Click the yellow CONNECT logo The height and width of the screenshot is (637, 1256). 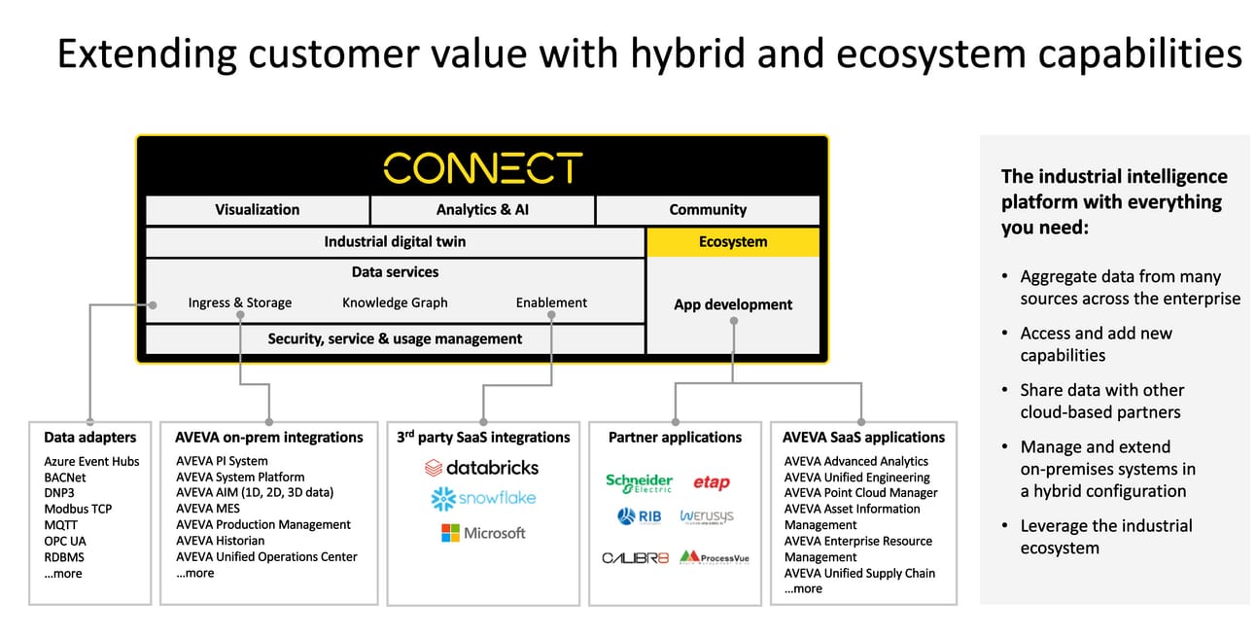pyautogui.click(x=483, y=167)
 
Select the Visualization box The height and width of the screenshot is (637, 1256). pyautogui.click(x=258, y=210)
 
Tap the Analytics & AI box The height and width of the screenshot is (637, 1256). pyautogui.click(x=482, y=210)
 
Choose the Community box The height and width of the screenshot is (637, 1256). pyautogui.click(x=708, y=210)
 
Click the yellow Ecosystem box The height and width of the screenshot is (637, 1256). pyautogui.click(x=733, y=242)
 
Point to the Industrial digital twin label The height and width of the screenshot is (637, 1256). pyautogui.click(x=395, y=242)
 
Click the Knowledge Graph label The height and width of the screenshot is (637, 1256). pyautogui.click(x=395, y=302)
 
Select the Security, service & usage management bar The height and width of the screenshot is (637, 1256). pyautogui.click(x=395, y=339)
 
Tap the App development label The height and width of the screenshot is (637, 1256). pyautogui.click(x=733, y=304)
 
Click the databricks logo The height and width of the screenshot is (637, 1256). pyautogui.click(x=481, y=468)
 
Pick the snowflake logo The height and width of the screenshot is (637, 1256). pyautogui.click(x=483, y=499)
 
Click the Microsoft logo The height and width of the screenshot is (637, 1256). pyautogui.click(x=483, y=533)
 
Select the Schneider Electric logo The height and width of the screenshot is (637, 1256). pyautogui.click(x=640, y=482)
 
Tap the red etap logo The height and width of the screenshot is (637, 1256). pyautogui.click(x=712, y=482)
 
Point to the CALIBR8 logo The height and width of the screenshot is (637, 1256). pyautogui.click(x=635, y=558)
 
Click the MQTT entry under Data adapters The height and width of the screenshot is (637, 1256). pyautogui.click(x=60, y=525)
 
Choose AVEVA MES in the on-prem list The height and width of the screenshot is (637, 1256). pyautogui.click(x=208, y=509)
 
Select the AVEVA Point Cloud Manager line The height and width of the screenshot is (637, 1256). pyautogui.click(x=860, y=493)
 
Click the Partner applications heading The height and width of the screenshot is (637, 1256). pyautogui.click(x=675, y=438)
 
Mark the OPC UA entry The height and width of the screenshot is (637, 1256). pyautogui.click(x=65, y=542)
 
